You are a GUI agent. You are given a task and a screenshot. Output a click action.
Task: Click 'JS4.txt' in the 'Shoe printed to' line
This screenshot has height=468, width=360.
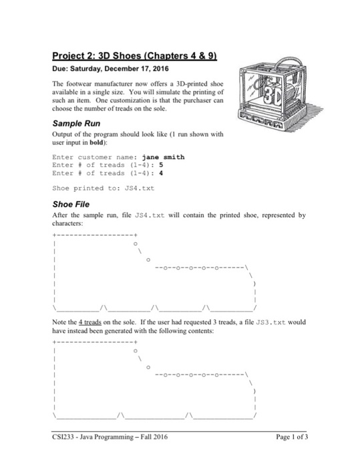[x=140, y=189]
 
